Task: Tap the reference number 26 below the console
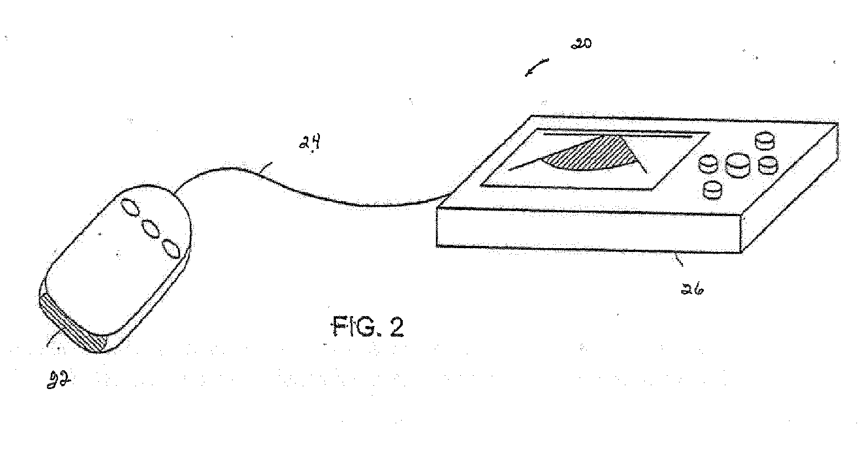tap(692, 288)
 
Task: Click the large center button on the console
tap(737, 164)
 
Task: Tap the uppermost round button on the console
tap(765, 140)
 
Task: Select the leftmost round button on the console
tap(708, 164)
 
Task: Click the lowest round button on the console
tap(713, 190)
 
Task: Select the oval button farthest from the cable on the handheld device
tap(171, 249)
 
